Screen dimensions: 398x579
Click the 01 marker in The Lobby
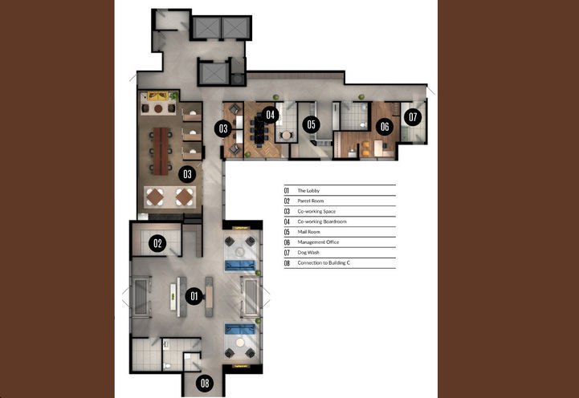click(193, 296)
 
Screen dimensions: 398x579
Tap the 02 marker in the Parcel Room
click(159, 243)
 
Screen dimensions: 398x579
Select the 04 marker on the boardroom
click(271, 115)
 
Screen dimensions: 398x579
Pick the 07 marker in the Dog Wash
click(413, 117)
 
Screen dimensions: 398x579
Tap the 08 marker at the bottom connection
click(205, 384)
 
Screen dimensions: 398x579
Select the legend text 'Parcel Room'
click(310, 201)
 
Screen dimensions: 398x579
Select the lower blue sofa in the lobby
click(239, 328)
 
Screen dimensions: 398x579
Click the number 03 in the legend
click(286, 211)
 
